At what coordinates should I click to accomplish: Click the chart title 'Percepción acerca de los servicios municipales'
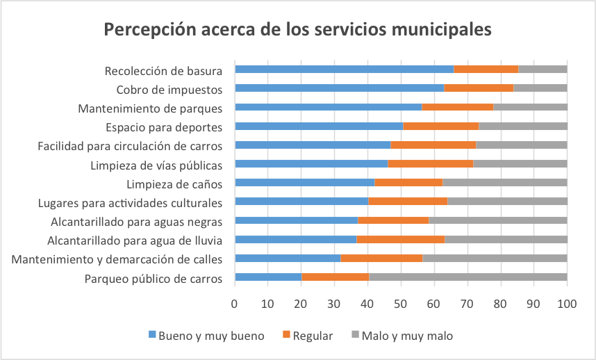(297, 30)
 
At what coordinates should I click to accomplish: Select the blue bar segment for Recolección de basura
(345, 69)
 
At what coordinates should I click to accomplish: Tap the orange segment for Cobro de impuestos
(479, 88)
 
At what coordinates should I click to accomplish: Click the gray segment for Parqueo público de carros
(467, 277)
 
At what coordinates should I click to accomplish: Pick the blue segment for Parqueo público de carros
(268, 277)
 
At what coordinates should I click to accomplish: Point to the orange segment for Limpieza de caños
(408, 183)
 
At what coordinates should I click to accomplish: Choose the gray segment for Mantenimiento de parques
(530, 107)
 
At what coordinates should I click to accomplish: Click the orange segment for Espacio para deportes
(440, 126)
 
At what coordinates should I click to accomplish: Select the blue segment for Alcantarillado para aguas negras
(297, 220)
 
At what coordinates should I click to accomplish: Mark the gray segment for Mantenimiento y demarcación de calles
(495, 259)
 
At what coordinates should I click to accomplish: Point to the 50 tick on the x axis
(401, 304)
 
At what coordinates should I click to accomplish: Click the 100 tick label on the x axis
(567, 304)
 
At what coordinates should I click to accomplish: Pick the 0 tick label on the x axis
(235, 304)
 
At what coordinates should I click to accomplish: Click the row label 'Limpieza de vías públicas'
(156, 165)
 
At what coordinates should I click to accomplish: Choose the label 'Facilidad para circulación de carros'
(130, 146)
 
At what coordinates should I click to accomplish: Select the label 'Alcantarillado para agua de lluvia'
(135, 240)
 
